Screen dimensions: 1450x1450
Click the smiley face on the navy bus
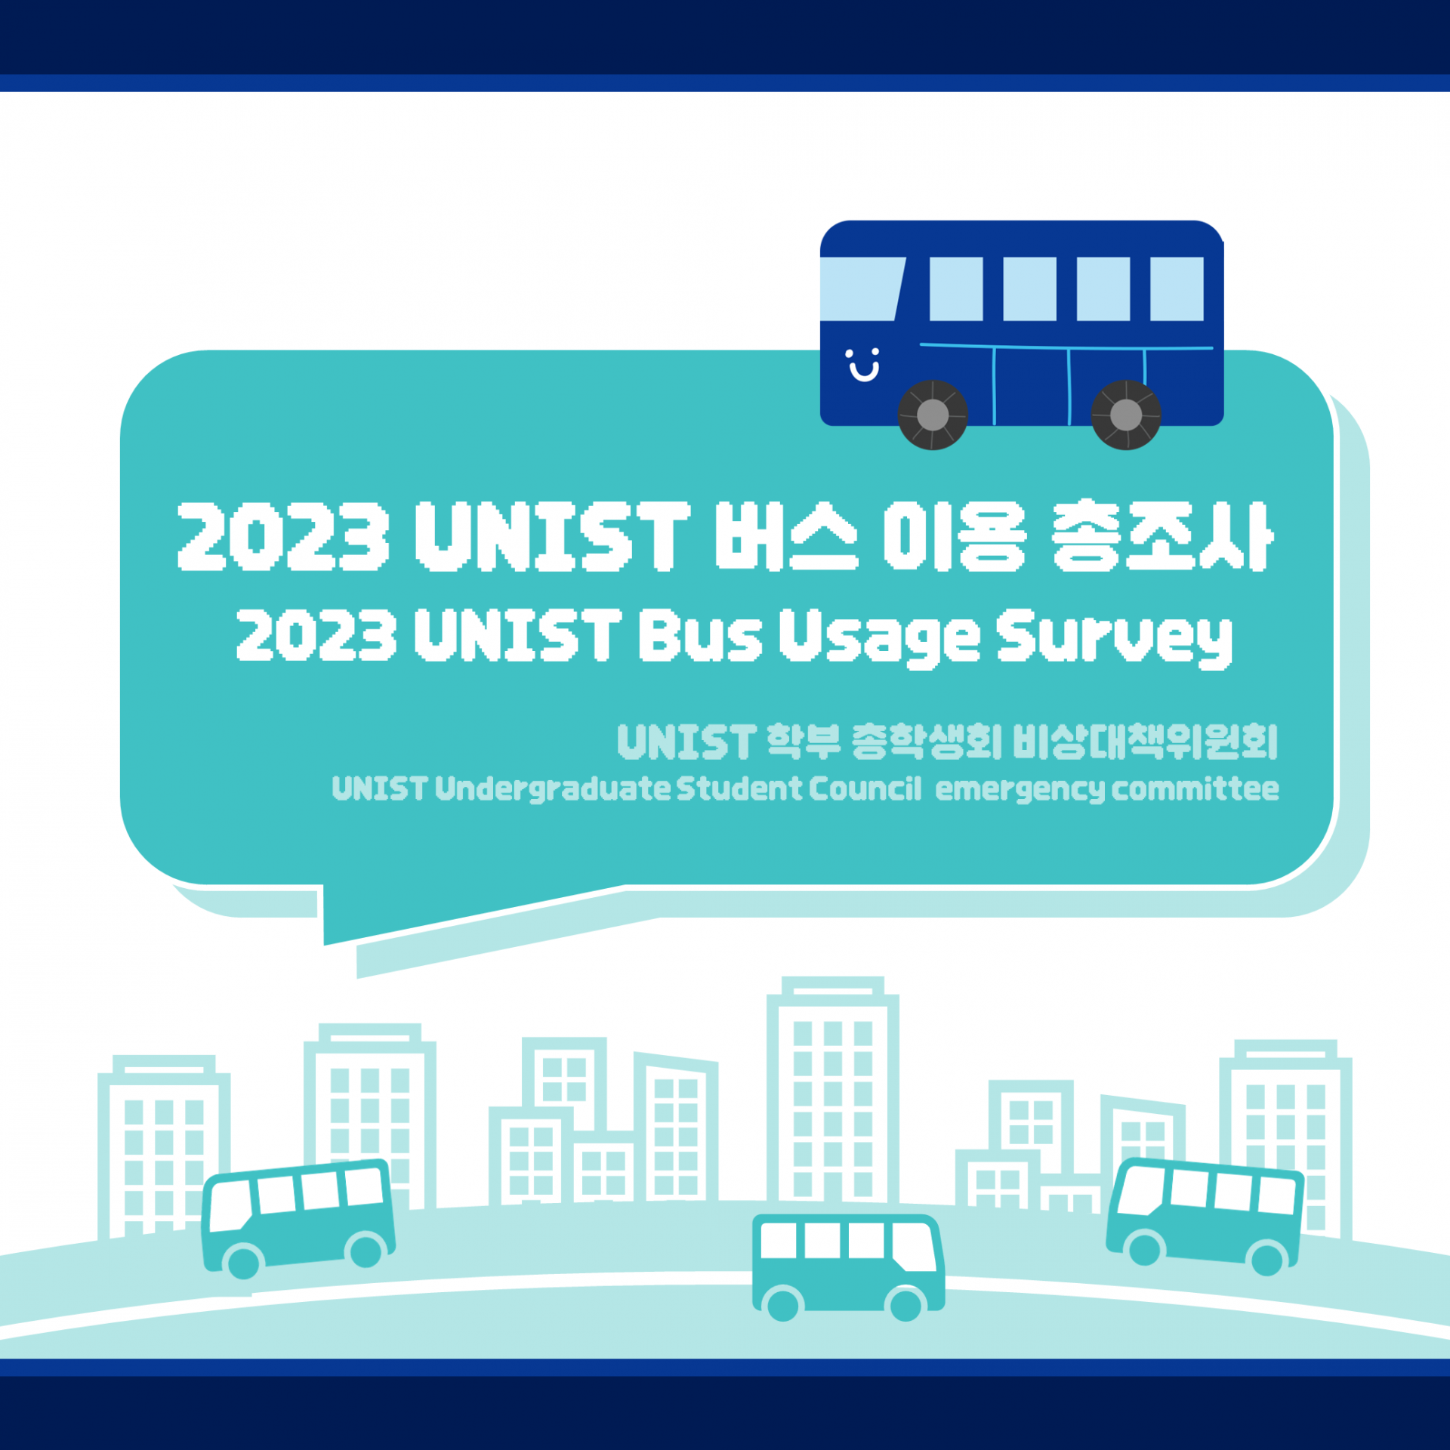862,365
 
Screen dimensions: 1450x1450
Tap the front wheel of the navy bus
933,415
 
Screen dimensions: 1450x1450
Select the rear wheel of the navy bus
1126,415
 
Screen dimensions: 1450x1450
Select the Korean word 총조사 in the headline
1162,535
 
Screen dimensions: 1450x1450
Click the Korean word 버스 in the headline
786,535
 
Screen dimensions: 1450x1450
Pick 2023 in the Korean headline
283,535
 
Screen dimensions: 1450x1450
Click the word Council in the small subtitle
865,789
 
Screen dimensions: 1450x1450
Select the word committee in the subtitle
1195,789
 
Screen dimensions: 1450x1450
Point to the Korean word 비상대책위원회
1145,742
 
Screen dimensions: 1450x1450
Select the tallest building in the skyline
832,1095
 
